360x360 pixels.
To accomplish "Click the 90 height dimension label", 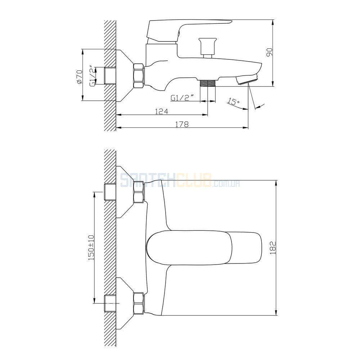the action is [x=269, y=52].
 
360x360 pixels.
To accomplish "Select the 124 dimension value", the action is [x=162, y=111].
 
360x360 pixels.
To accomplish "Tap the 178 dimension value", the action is [x=182, y=124].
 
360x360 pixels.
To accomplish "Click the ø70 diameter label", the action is [x=79, y=77].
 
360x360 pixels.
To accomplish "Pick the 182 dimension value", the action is [x=273, y=248].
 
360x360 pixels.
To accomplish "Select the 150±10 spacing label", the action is [x=91, y=248].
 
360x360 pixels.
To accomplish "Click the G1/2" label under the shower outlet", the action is [x=181, y=98].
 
